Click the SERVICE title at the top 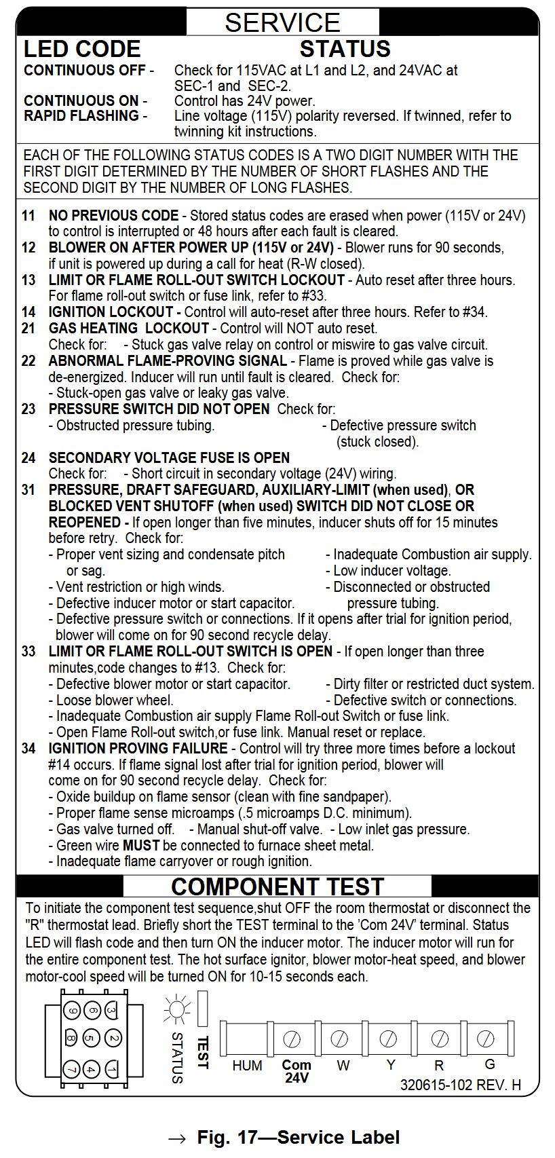[x=282, y=22]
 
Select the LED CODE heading [x=82, y=49]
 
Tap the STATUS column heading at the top [x=345, y=49]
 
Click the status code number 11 [x=28, y=216]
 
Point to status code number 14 [x=28, y=312]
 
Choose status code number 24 [x=28, y=458]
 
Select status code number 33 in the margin [x=28, y=652]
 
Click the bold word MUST [x=141, y=846]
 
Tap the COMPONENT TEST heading [x=277, y=886]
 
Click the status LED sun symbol [x=178, y=1010]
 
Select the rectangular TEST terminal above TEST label [x=202, y=1009]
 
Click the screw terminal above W [x=339, y=1039]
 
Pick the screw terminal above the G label [x=486, y=1039]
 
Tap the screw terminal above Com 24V [x=292, y=1039]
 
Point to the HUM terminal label [x=247, y=1066]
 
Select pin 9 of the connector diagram [x=72, y=1011]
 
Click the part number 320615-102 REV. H [x=460, y=1085]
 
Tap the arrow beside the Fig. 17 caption [x=177, y=1139]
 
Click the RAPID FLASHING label [x=81, y=116]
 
